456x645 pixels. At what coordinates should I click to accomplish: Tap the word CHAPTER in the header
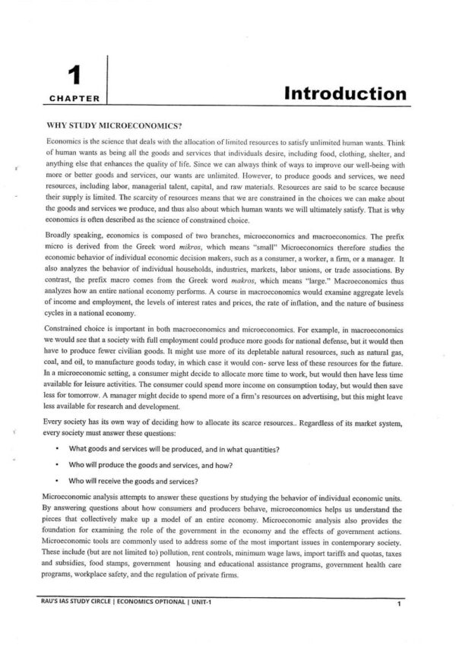74,98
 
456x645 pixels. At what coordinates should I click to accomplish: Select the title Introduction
344,94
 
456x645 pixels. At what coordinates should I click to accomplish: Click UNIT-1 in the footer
204,602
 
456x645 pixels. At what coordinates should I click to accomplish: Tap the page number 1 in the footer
398,604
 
